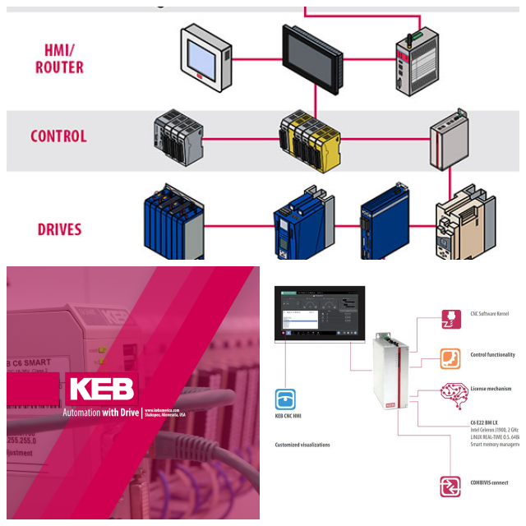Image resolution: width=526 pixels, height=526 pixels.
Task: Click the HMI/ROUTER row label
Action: click(x=59, y=58)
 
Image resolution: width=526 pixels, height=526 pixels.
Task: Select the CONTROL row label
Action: click(x=58, y=136)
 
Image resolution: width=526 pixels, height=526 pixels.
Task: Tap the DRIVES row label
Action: click(x=59, y=228)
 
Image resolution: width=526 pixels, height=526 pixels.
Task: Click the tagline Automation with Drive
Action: click(x=100, y=413)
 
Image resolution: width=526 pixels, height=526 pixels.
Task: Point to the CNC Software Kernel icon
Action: click(x=450, y=316)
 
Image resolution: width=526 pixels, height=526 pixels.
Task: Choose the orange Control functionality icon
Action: click(x=450, y=358)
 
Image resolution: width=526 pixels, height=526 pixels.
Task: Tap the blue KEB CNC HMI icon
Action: click(x=285, y=399)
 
